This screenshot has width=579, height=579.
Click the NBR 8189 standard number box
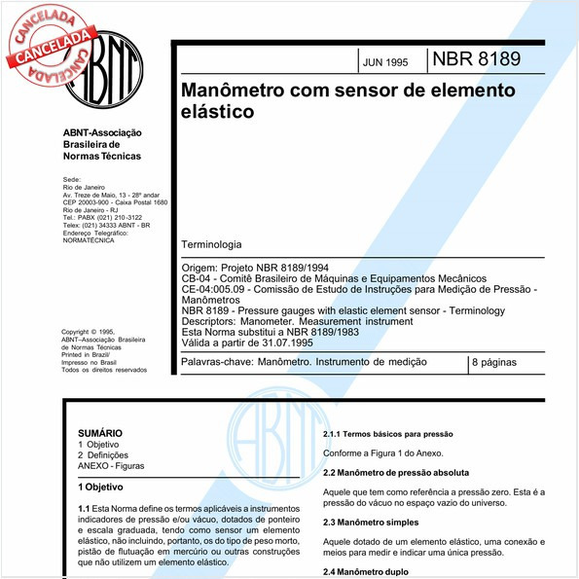(478, 59)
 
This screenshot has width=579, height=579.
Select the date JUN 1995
(385, 61)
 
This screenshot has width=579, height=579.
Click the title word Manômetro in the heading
(235, 90)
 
